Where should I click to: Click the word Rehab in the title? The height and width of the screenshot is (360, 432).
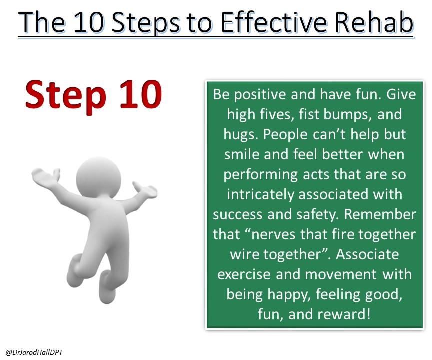[x=374, y=22]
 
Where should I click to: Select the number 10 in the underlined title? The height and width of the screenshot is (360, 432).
[x=88, y=22]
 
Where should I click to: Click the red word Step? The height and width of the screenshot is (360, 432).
[x=66, y=96]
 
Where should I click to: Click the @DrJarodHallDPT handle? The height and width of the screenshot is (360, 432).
[x=34, y=352]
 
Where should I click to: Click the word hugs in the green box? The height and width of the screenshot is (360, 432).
[x=240, y=135]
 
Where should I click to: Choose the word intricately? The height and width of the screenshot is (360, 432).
[x=260, y=195]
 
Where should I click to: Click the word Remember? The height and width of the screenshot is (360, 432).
[x=380, y=214]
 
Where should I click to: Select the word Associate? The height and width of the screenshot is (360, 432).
[x=367, y=255]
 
